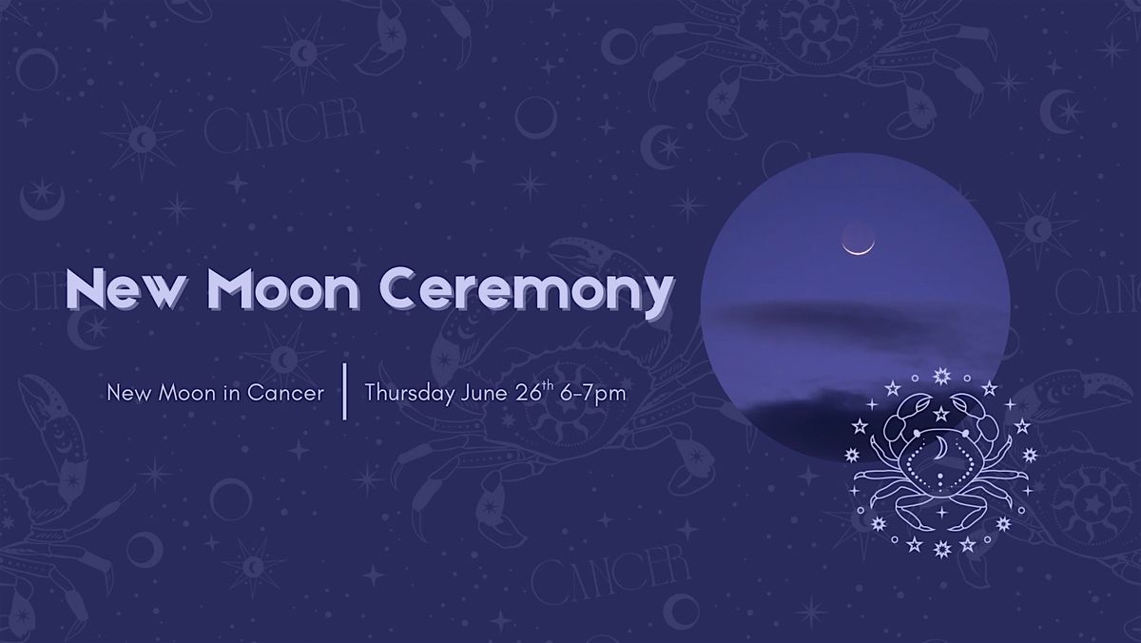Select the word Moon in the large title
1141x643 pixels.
pyautogui.click(x=283, y=289)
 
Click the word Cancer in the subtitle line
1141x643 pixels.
pyautogui.click(x=286, y=393)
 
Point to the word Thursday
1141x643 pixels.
pyautogui.click(x=410, y=394)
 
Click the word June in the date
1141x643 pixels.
pyautogui.click(x=484, y=394)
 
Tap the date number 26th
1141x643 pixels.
pyautogui.click(x=534, y=391)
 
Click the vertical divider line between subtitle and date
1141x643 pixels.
pyautogui.click(x=345, y=391)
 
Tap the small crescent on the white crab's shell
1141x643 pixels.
pyautogui.click(x=940, y=449)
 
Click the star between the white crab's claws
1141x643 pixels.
pyautogui.click(x=941, y=413)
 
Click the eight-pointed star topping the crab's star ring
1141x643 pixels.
pyautogui.click(x=942, y=377)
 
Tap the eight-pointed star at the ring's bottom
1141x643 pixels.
pyautogui.click(x=942, y=549)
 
